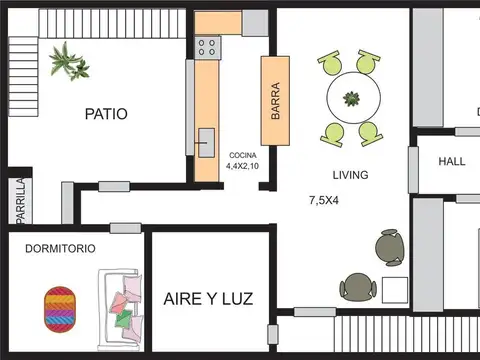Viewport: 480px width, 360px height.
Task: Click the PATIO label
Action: click(106, 114)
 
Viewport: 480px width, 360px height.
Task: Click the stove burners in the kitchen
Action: click(208, 45)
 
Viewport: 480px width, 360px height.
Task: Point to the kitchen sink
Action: click(206, 142)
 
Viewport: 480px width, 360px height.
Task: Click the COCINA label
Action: click(243, 155)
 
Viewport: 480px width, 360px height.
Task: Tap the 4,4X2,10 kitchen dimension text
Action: click(243, 166)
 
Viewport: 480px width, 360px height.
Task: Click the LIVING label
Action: click(350, 175)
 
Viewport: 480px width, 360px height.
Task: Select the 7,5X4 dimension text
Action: click(324, 200)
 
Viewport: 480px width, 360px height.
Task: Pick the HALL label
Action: click(452, 160)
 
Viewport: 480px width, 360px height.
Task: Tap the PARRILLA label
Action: click(19, 200)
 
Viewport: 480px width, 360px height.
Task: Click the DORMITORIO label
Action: click(60, 247)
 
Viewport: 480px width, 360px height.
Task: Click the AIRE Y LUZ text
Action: click(208, 298)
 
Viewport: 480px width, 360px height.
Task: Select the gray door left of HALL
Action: click(413, 171)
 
